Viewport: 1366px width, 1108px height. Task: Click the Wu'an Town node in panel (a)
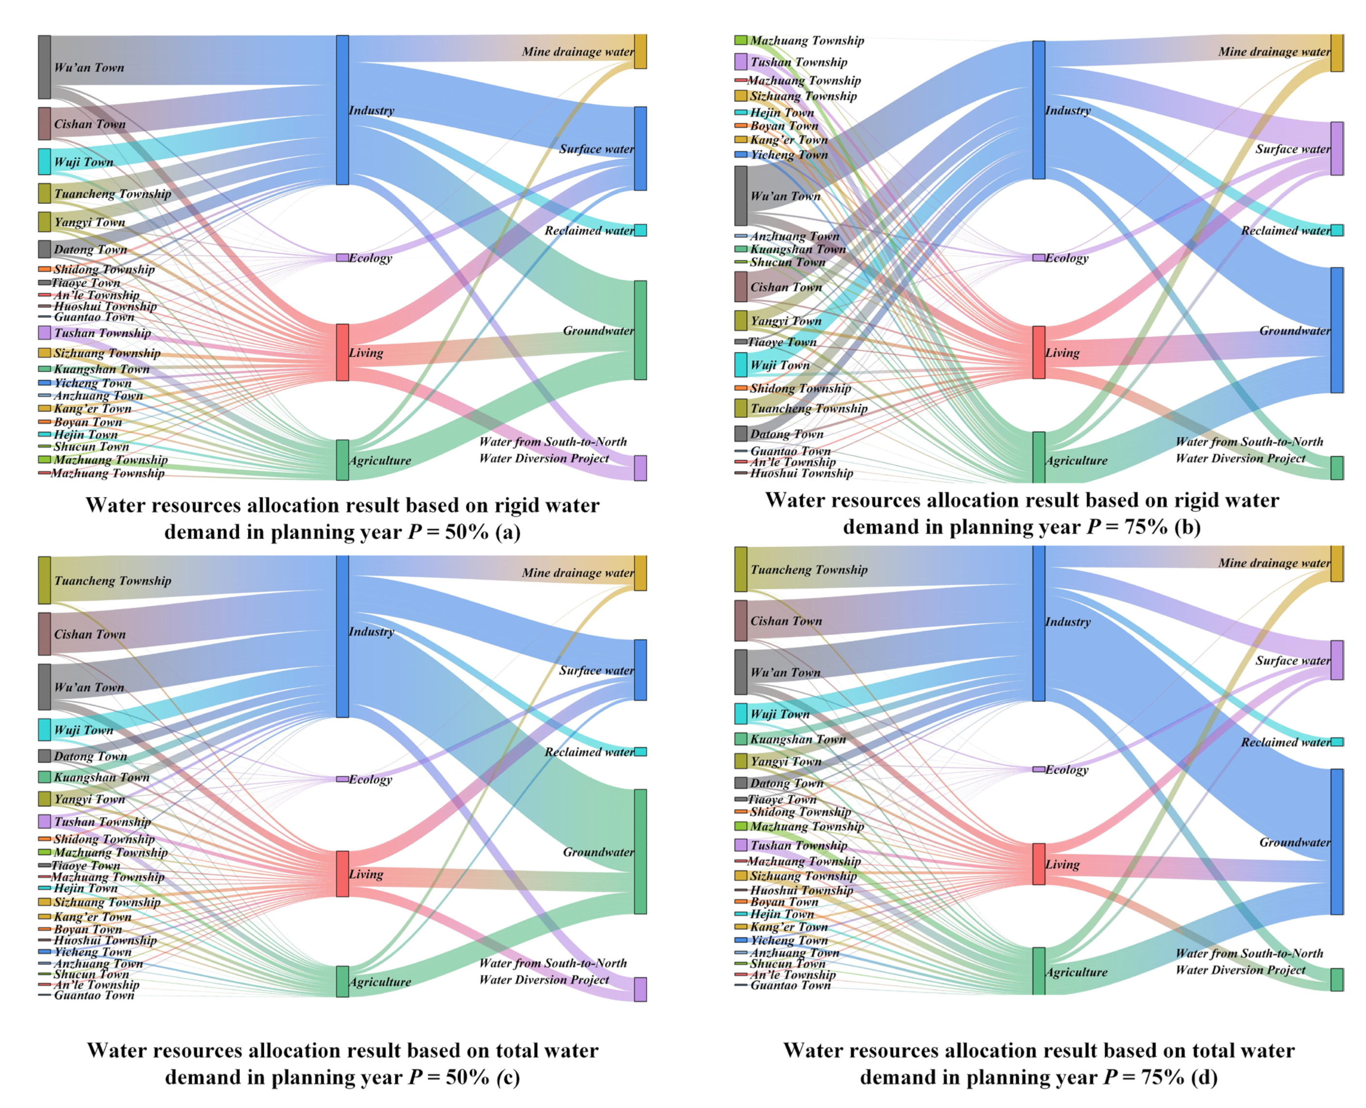[44, 67]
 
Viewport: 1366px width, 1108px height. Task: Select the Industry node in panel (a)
[342, 110]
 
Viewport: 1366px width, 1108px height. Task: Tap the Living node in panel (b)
[1039, 352]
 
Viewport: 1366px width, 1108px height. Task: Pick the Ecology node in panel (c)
[342, 779]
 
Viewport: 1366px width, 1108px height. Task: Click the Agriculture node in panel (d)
[1039, 971]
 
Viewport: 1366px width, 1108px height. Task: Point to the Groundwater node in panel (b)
[1336, 330]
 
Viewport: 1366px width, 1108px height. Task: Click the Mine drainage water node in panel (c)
[640, 572]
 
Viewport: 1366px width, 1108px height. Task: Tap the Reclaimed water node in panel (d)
[1336, 742]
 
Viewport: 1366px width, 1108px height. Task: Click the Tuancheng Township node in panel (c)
[44, 580]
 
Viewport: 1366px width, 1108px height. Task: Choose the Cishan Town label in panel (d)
[786, 621]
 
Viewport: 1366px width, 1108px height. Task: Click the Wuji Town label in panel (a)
[83, 162]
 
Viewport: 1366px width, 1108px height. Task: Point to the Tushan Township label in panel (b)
[798, 62]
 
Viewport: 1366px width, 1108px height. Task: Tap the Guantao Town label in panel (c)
[94, 995]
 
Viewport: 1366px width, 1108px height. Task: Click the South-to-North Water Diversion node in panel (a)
[640, 468]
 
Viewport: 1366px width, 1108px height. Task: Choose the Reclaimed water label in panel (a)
[588, 230]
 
